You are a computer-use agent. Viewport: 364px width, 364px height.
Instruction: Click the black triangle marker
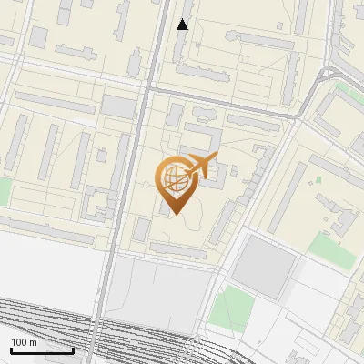point(183,25)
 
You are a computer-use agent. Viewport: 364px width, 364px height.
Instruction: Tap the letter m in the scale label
point(34,342)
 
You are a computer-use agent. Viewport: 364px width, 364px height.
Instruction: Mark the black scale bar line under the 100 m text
point(42,350)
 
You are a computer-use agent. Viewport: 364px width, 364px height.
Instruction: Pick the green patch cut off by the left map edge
point(4,192)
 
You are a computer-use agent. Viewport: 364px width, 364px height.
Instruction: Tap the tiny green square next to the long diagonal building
point(343,91)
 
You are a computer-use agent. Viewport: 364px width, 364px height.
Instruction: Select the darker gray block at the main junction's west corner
point(117,106)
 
